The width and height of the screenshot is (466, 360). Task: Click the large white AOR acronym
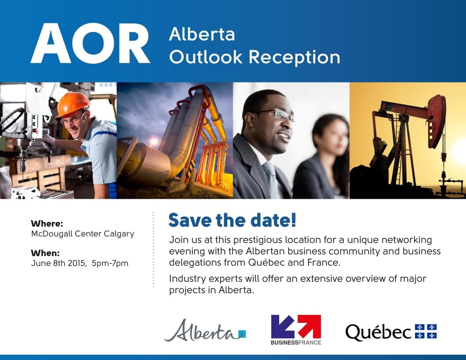90,43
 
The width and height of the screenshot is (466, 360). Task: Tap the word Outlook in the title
206,57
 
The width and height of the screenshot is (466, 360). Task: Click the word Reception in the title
294,58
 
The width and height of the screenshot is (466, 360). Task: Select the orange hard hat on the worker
73,104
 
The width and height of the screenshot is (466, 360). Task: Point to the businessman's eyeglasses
276,114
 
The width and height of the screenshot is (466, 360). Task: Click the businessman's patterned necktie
271,180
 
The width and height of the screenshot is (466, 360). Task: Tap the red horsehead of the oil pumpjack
437,121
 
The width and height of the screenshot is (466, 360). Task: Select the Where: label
47,223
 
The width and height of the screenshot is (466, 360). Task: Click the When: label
45,253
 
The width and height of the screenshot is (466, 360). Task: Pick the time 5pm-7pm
110,263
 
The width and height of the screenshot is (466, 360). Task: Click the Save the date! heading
232,220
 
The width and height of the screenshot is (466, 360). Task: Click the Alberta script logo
205,331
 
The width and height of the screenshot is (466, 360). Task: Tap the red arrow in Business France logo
309,326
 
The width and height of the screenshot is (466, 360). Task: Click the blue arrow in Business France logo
283,327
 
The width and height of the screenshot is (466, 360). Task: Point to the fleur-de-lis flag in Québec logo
426,331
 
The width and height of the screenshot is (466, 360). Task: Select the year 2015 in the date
77,263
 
